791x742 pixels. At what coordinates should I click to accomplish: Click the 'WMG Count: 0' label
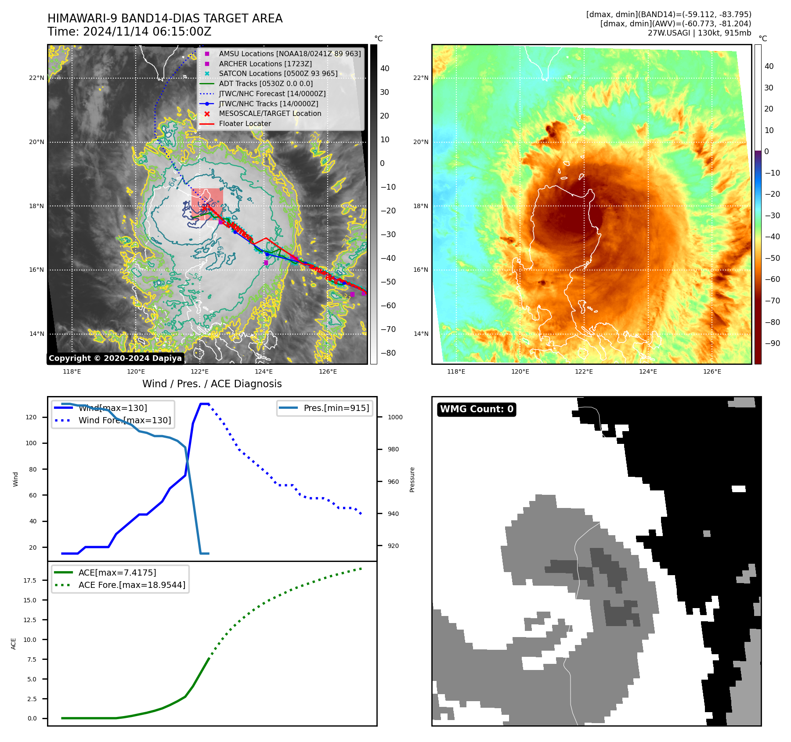477,409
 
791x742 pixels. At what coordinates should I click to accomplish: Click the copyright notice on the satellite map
115,358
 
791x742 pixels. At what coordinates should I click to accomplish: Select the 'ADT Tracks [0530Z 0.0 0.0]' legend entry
266,83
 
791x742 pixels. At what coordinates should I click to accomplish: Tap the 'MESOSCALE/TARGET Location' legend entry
270,113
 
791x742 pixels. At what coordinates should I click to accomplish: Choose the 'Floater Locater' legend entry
245,123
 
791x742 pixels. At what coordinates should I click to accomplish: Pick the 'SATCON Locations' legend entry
278,73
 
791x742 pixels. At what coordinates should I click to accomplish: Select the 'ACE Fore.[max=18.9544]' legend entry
132,585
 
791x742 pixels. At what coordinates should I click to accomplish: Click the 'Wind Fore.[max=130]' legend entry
125,420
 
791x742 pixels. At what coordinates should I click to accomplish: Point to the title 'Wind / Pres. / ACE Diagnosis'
212,384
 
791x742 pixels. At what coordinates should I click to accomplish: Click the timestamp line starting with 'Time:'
130,32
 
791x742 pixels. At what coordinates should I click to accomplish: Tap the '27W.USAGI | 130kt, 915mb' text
699,33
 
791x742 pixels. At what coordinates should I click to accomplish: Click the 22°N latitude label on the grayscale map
37,78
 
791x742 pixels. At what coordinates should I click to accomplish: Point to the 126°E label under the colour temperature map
712,371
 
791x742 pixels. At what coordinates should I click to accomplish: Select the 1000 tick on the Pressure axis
395,417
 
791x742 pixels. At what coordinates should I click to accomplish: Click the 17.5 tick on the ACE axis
30,580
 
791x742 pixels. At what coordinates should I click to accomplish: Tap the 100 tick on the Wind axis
31,443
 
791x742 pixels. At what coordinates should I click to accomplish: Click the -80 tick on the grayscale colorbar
388,353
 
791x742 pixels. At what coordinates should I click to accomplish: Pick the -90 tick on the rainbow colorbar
772,343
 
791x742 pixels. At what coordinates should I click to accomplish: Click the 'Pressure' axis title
412,479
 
